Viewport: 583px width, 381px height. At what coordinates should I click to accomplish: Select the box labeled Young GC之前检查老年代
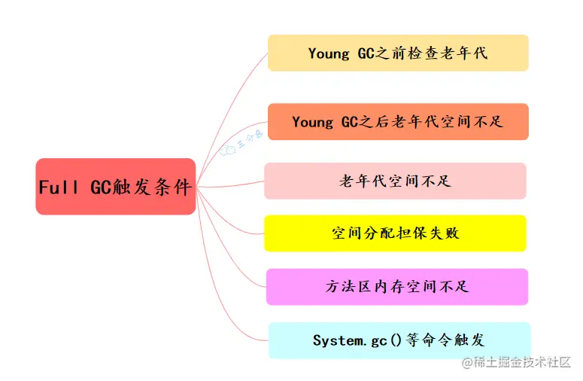pos(398,53)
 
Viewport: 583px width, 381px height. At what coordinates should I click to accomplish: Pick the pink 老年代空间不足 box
pos(395,181)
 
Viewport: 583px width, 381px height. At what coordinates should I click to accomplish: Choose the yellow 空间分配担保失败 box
pos(395,233)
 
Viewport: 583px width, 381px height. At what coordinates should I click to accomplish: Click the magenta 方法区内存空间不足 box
pos(397,287)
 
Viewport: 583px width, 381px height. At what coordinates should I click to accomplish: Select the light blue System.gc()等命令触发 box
pos(399,340)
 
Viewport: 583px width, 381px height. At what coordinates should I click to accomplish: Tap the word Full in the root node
pos(59,187)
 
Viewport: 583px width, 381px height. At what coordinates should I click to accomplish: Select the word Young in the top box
pos(329,53)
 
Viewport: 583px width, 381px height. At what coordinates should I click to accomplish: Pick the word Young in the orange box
pos(313,122)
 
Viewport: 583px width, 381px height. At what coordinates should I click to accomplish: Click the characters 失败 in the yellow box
pos(442,233)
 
